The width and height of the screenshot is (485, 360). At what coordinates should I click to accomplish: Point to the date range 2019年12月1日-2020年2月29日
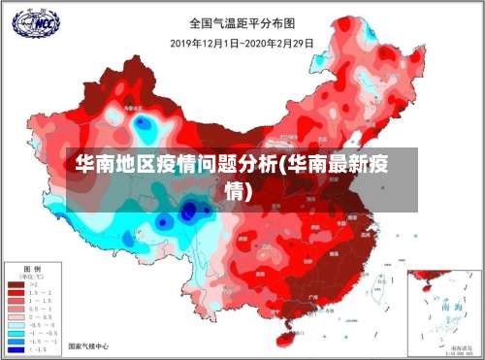click(242, 42)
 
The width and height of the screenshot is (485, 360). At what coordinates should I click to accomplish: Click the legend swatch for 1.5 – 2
click(16, 292)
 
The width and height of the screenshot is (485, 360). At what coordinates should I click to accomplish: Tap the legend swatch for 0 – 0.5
click(16, 316)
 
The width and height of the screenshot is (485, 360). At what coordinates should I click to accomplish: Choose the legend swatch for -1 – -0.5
click(16, 333)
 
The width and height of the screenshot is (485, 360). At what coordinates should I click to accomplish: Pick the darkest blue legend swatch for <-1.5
click(16, 348)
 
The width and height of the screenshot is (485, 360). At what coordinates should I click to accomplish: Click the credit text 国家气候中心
click(89, 345)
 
